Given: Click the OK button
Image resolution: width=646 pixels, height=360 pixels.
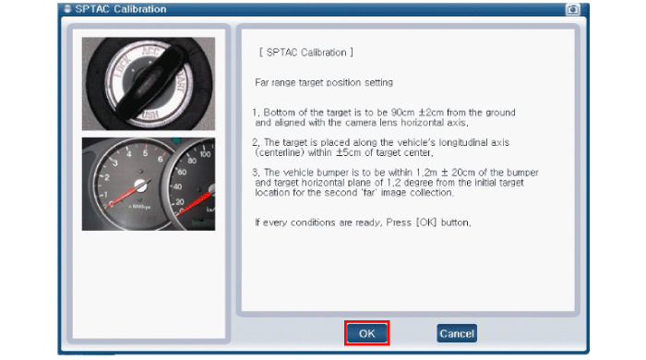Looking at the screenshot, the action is pos(366,333).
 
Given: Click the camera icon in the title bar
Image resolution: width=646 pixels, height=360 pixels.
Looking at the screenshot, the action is pos(573,9).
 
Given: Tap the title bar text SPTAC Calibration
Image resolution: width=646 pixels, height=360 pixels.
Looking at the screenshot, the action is pos(121,9).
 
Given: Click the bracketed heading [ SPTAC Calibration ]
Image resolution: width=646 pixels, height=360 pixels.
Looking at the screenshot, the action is pos(306,53).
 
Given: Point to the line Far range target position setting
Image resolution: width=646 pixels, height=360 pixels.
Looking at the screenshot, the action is pos(324,82).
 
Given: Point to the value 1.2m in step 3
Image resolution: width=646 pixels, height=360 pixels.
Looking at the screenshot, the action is pos(426,173).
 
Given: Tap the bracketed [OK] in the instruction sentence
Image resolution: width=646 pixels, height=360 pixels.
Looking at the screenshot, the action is pos(426,222).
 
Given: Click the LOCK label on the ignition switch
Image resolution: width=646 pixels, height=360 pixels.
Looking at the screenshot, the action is pos(123,66).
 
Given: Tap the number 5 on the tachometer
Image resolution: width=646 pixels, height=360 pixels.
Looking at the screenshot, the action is pos(145,153).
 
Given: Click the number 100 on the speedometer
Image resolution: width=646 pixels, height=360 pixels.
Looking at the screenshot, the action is pos(205,154).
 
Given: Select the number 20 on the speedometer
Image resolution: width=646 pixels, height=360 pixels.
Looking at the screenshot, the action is pos(180,202).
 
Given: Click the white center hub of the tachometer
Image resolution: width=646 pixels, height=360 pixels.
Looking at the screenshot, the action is pos(141,186).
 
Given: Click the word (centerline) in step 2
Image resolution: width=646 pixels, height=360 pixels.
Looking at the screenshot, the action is pos(278,152).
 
